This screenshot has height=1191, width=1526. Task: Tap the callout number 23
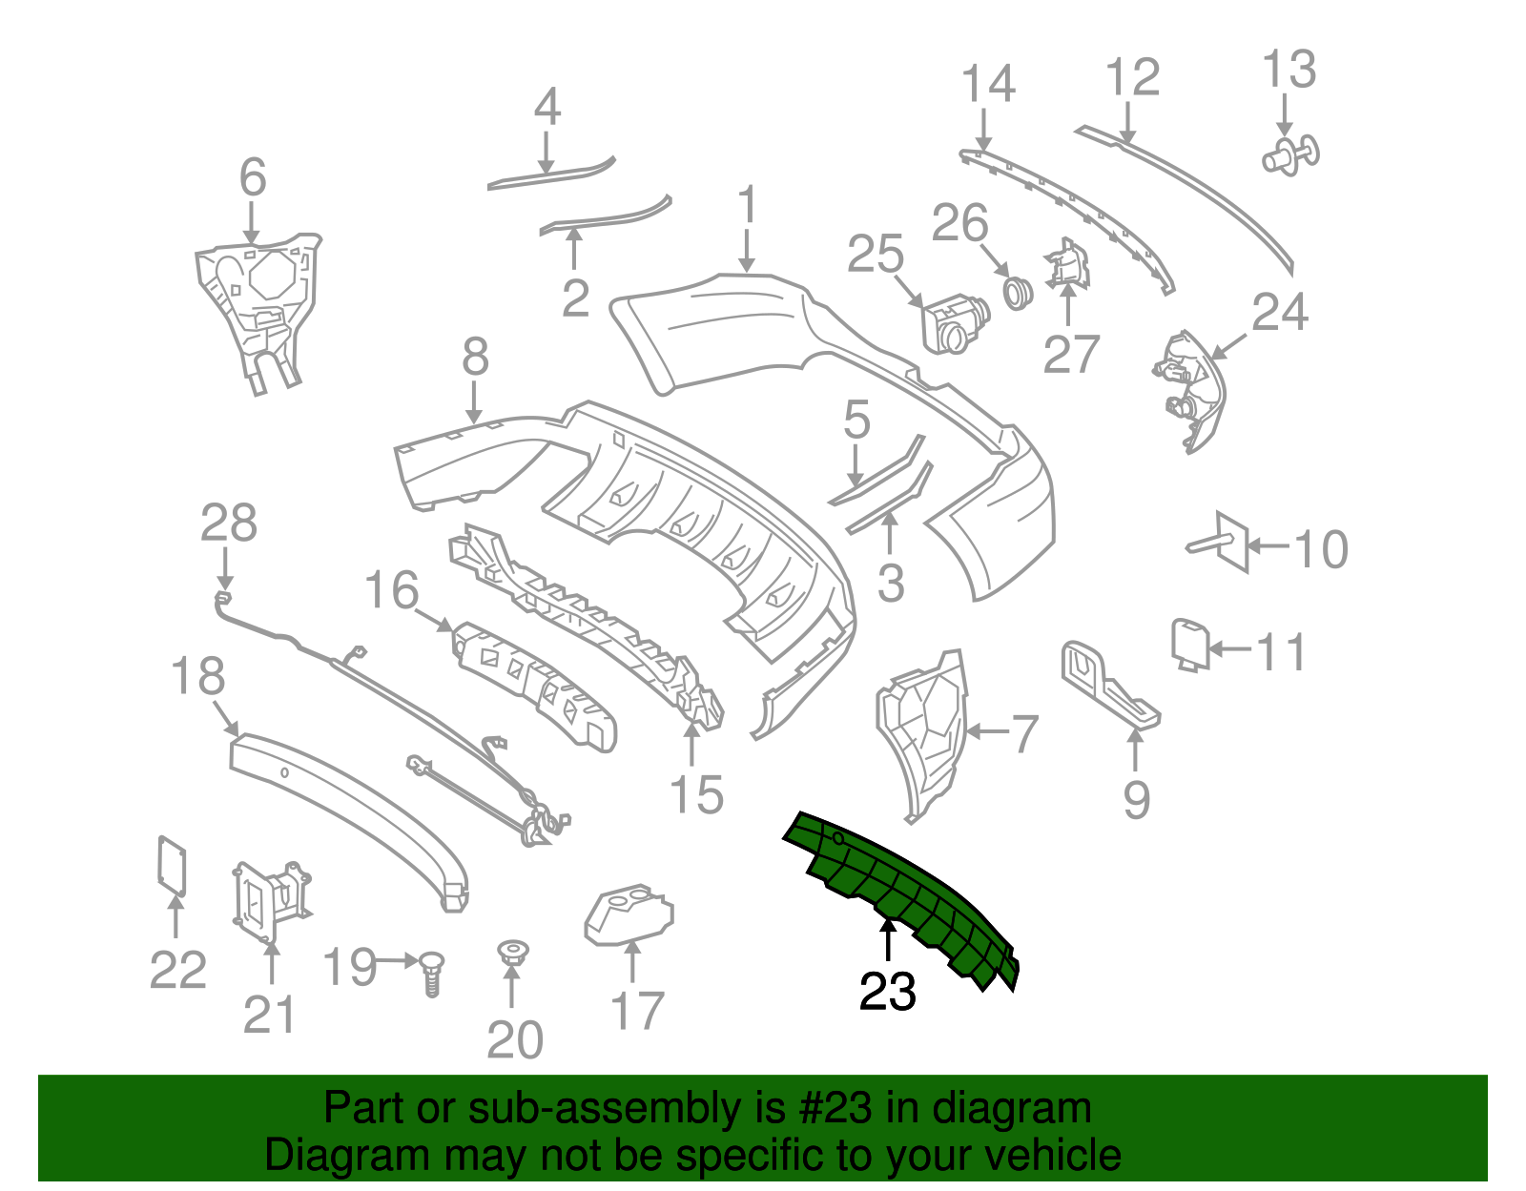coord(887,993)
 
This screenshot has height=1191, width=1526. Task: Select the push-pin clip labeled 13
coord(1292,155)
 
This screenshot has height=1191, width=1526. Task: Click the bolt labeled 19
coord(432,974)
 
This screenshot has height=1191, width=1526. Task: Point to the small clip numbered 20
coord(513,951)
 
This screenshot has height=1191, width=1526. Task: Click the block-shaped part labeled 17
coord(629,915)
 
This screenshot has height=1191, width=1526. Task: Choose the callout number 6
coord(252,178)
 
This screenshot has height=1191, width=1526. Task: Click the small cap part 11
coord(1189,643)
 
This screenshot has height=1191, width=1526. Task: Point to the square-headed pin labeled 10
coord(1224,543)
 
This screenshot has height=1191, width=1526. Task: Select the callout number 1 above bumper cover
coord(747,205)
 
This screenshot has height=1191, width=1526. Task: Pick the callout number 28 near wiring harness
coord(229,524)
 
